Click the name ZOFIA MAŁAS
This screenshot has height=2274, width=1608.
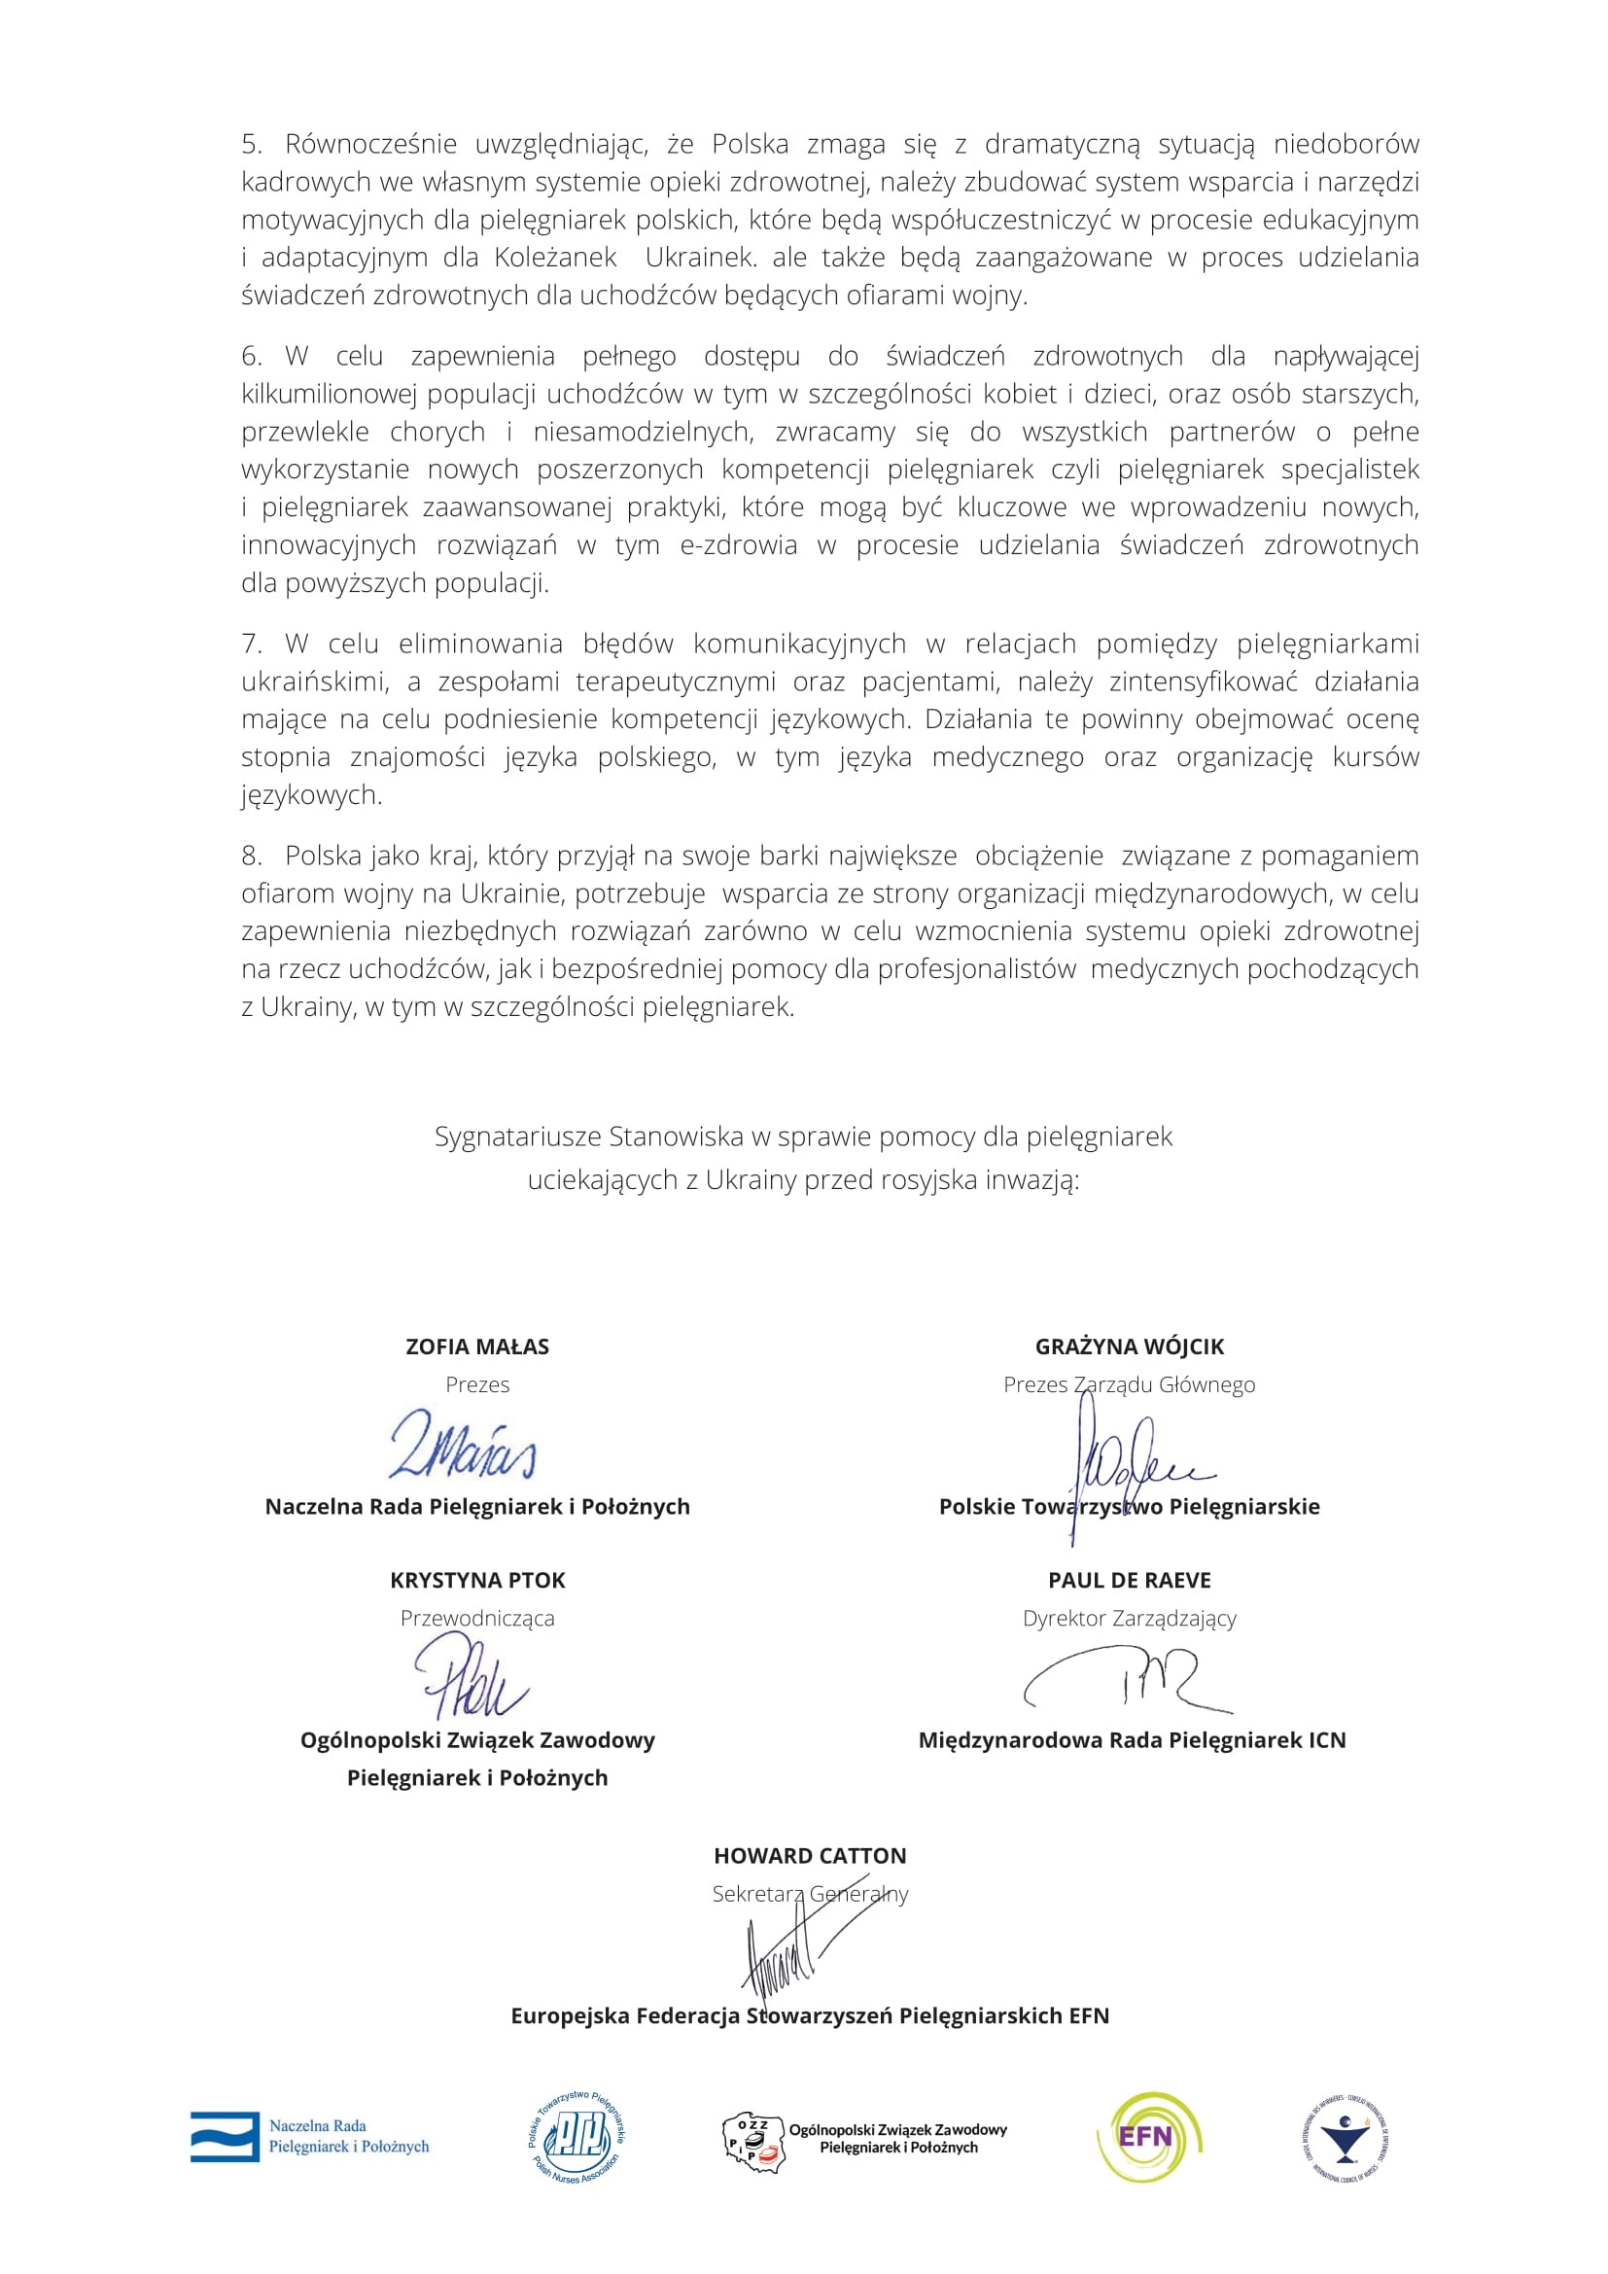[477, 1347]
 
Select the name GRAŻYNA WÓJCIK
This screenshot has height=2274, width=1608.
[1129, 1347]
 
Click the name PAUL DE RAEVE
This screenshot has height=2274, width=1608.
[1129, 1581]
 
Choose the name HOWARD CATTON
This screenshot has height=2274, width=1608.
[810, 1856]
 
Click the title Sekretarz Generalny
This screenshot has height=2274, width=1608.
[810, 1894]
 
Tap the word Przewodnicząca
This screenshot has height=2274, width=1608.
[477, 1619]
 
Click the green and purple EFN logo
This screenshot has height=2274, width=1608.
[1148, 2137]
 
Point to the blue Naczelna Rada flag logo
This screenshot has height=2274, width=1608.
[226, 2137]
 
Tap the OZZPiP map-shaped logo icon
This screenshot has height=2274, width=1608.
[752, 2139]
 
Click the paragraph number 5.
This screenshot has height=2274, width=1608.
[251, 145]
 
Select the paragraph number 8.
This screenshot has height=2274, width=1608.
[251, 856]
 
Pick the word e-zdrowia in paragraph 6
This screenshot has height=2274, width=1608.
[739, 545]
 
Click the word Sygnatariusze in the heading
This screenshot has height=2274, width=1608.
[518, 1137]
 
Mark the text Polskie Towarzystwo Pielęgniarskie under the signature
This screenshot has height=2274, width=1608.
[1129, 1506]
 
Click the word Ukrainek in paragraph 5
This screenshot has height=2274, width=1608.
[699, 259]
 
